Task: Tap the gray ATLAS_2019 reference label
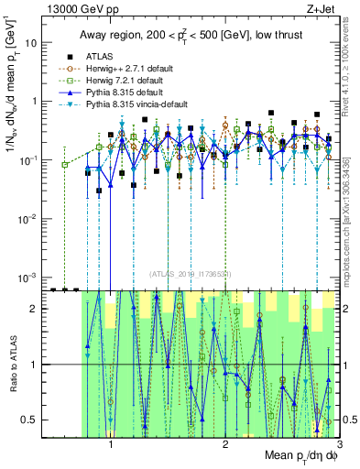(x=191, y=273)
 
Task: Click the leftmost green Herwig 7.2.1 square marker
(x=64, y=165)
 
